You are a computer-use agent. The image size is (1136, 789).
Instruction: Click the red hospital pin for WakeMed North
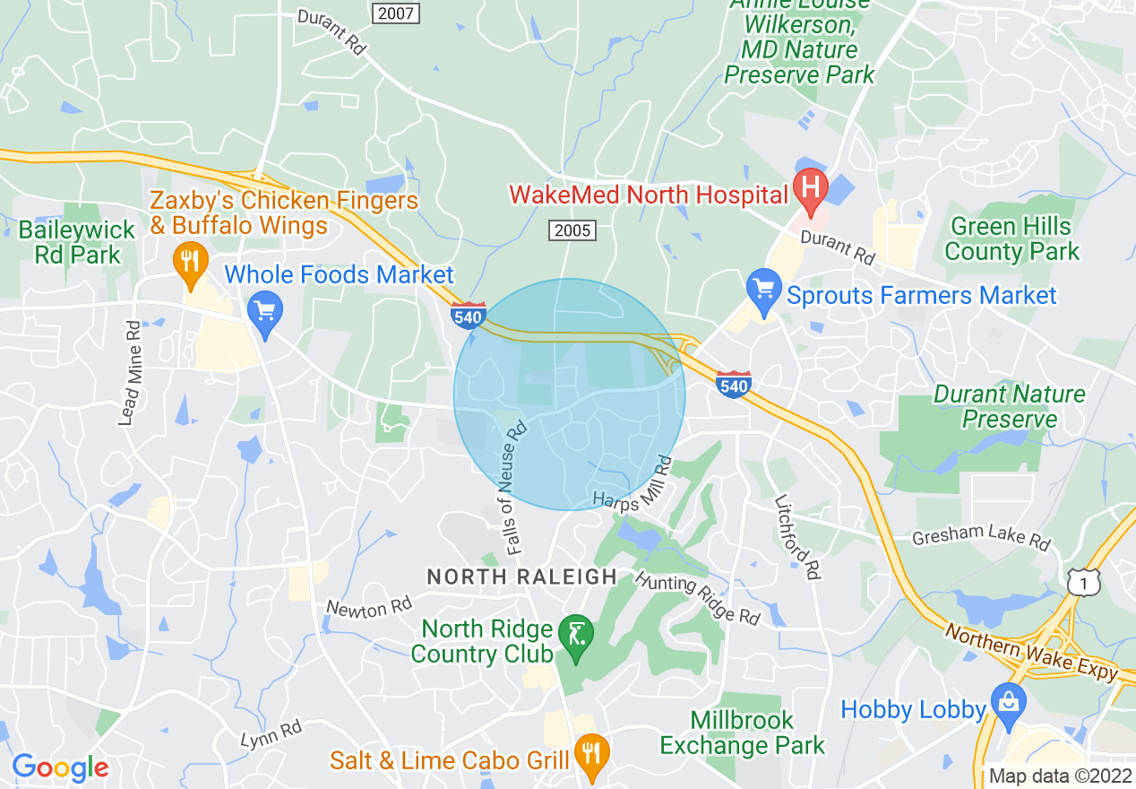pos(811,192)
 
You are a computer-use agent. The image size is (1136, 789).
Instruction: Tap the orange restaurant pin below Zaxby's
pos(189,262)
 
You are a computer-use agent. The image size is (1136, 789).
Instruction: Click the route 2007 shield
pos(396,13)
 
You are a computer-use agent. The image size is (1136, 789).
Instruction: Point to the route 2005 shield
pos(572,230)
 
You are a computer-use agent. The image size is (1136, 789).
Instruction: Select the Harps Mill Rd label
pos(633,490)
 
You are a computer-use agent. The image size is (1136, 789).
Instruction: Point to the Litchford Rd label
pos(796,536)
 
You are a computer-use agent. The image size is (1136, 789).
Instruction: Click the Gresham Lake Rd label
pos(981,538)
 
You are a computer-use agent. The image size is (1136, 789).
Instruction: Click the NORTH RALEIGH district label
pos(521,577)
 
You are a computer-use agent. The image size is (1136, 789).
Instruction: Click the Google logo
pos(60,767)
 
